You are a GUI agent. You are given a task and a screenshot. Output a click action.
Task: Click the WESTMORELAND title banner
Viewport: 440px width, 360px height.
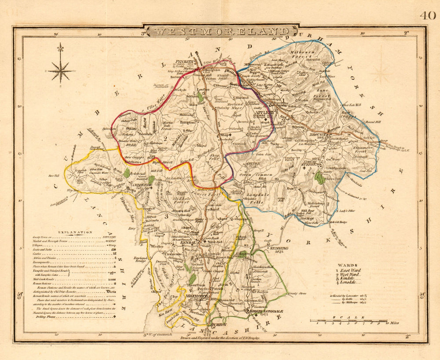[221, 32]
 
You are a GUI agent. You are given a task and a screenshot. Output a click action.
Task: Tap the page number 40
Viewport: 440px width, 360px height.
[427, 15]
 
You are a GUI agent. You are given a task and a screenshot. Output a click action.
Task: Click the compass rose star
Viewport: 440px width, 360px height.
[60, 69]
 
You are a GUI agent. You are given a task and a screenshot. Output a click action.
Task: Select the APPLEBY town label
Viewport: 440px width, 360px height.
[264, 113]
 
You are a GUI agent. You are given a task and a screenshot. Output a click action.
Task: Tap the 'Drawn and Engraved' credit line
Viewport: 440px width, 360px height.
[220, 338]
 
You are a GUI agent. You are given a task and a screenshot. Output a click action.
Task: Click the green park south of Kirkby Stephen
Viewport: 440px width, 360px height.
[320, 178]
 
